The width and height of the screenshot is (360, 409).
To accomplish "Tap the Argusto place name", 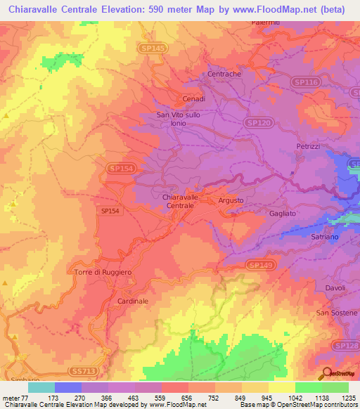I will tap(231, 201).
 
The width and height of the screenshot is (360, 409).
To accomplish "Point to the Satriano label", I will tap(326, 238).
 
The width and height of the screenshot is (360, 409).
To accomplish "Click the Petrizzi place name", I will tap(308, 146).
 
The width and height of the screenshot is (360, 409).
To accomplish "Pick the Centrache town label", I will tap(224, 74).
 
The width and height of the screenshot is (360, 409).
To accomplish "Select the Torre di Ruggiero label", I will tap(103, 271).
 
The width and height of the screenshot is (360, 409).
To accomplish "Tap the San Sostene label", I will tap(337, 313).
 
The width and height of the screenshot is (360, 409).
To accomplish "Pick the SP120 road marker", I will tap(258, 122).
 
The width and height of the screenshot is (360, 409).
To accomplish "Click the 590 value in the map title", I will tap(175, 9).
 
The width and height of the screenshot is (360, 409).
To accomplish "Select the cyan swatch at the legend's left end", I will tap(41, 387).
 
